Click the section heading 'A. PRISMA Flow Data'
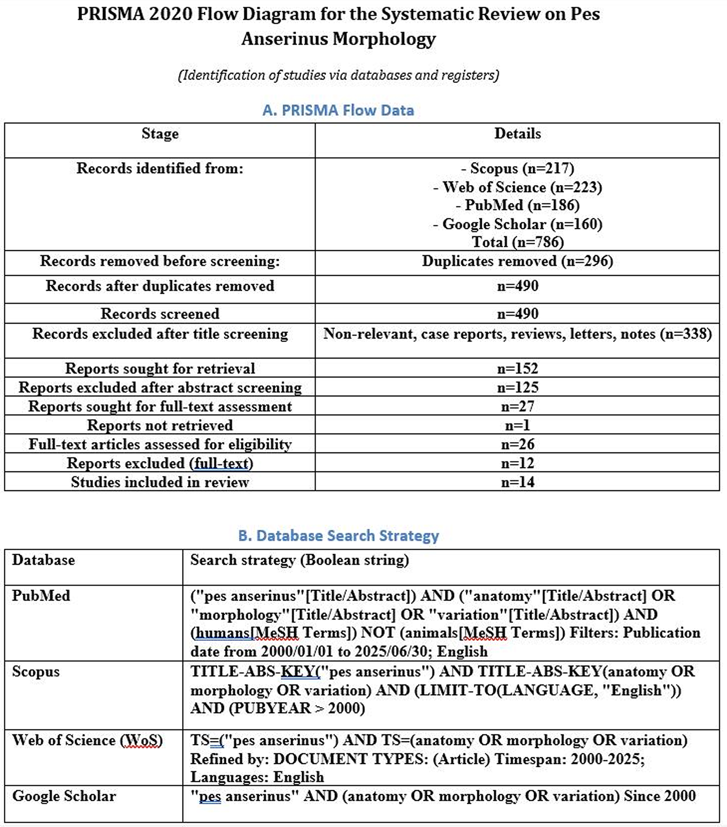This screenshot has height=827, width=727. [x=338, y=111]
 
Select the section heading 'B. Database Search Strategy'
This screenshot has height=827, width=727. [x=338, y=536]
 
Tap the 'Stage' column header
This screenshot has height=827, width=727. [x=160, y=134]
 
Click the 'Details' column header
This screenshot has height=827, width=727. [x=517, y=134]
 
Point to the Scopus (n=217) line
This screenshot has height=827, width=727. [x=517, y=169]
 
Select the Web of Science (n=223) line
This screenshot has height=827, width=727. [x=517, y=187]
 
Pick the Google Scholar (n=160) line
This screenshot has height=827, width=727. [x=517, y=224]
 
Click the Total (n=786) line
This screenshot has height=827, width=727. [x=517, y=241]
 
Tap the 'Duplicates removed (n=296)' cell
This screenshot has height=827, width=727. [x=517, y=261]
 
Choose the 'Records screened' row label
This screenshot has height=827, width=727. [x=160, y=314]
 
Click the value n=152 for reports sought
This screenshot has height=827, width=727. [x=517, y=368]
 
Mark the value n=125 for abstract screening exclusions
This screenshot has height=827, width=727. [x=517, y=387]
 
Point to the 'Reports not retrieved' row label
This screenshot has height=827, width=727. [x=160, y=425]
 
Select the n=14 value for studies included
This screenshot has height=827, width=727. [x=517, y=482]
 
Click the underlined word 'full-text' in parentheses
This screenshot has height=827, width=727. [x=221, y=463]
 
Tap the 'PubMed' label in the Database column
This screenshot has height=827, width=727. [x=41, y=596]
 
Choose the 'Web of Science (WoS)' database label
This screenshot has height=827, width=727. [x=87, y=740]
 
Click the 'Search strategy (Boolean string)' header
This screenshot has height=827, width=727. [x=300, y=560]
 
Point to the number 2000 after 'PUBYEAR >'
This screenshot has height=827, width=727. [x=346, y=708]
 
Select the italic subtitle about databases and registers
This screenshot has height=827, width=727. [x=338, y=76]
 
